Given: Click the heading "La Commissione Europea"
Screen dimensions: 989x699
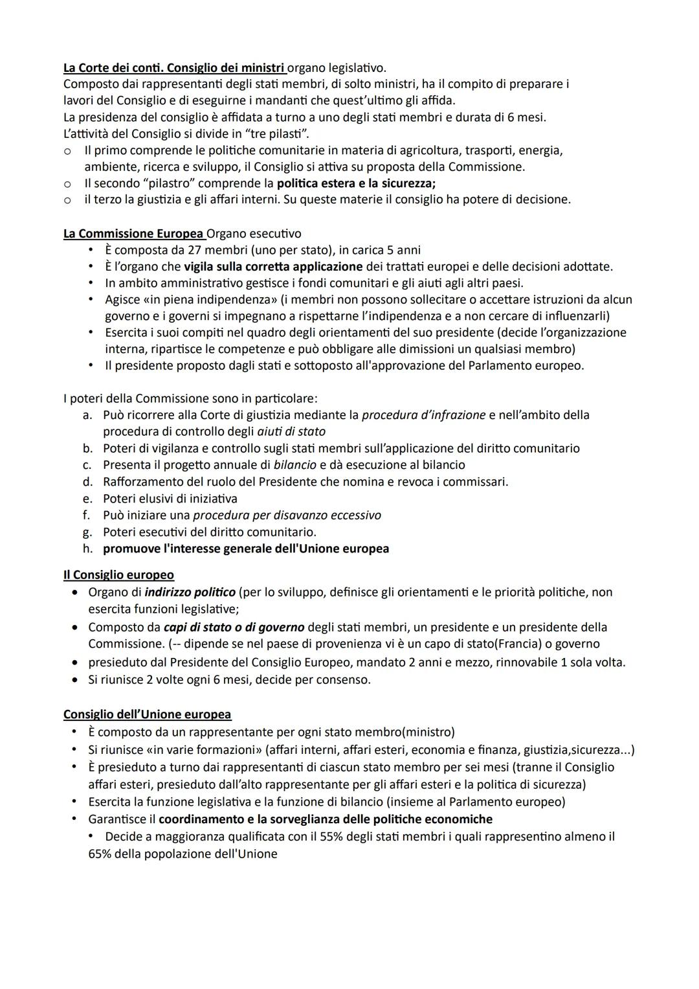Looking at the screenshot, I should point(134,233).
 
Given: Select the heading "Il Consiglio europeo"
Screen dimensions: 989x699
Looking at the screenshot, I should point(118,574).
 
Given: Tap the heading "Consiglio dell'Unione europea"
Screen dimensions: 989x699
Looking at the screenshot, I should point(147,714).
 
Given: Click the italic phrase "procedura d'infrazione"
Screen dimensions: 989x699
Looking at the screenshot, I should point(423,415).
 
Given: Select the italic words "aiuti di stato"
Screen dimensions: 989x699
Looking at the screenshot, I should point(291,431).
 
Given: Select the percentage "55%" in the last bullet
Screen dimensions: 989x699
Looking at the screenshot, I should point(331,836).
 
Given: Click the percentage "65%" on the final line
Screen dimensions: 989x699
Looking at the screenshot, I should point(100,854).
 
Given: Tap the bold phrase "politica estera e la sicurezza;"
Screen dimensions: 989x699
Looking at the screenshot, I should point(356,183).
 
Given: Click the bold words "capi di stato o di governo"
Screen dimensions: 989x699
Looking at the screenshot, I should point(234,627).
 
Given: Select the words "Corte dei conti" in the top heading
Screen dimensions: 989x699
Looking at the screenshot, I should point(117,67).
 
